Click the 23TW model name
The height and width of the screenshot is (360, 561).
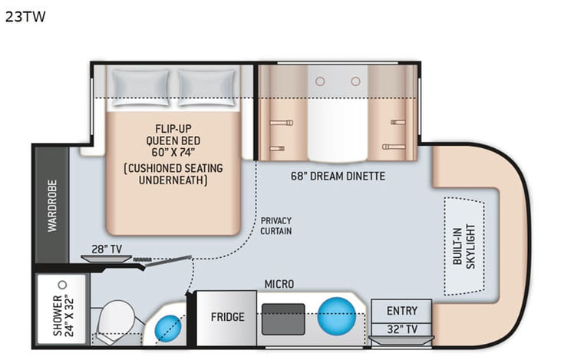pos(25,17)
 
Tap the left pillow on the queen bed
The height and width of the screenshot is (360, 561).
pos(140,88)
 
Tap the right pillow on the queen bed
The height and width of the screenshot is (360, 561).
pos(206,88)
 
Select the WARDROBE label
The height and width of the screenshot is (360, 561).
pos(52,206)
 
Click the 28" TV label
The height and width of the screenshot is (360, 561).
pos(107,249)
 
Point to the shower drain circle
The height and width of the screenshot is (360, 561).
pos(63,285)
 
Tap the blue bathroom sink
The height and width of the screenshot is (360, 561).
pos(168,329)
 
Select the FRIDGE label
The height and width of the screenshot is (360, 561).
pos(228,317)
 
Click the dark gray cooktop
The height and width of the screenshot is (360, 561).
pos(283,319)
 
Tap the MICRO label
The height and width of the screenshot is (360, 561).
pos(279,284)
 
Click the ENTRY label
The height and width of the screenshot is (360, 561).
pos(402,311)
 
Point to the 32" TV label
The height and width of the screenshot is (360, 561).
pos(402,329)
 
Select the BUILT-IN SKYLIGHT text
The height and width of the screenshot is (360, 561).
pos(464,246)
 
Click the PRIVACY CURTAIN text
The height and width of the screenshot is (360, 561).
pos(276,226)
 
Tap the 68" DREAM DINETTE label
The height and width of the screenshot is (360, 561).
pos(338,176)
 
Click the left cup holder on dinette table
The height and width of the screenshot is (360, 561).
pos(320,81)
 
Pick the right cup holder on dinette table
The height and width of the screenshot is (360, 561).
pos(355,81)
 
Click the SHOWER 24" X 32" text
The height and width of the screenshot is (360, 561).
pos(64,315)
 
